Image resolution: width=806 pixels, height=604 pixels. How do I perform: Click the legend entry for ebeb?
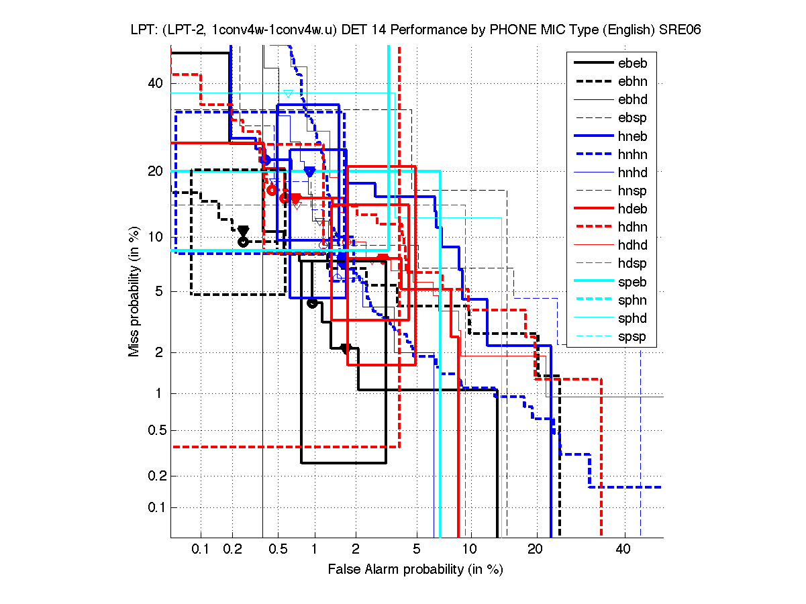coord(632,63)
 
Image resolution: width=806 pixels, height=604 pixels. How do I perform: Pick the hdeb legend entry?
coord(632,209)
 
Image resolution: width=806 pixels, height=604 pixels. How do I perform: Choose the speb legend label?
coord(632,282)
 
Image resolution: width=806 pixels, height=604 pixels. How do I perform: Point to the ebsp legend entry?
coord(632,118)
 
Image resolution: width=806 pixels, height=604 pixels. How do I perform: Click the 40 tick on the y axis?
coord(156,83)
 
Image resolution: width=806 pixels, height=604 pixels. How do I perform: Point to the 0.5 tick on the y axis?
coord(154,430)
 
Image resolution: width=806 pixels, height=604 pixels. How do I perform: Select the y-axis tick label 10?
coord(156,237)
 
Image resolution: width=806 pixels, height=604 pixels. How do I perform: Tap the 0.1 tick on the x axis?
coord(201,550)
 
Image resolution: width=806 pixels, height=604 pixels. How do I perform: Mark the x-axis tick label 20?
coord(534,550)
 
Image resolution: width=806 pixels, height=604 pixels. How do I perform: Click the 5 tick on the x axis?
coord(417,550)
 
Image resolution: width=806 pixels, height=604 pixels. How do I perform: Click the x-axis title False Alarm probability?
coord(415,570)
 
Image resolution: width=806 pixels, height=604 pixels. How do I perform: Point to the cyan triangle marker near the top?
coord(288,93)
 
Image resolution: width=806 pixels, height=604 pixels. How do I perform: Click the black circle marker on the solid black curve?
coord(311,303)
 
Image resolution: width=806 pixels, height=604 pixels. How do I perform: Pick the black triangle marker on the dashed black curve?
coord(244,230)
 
